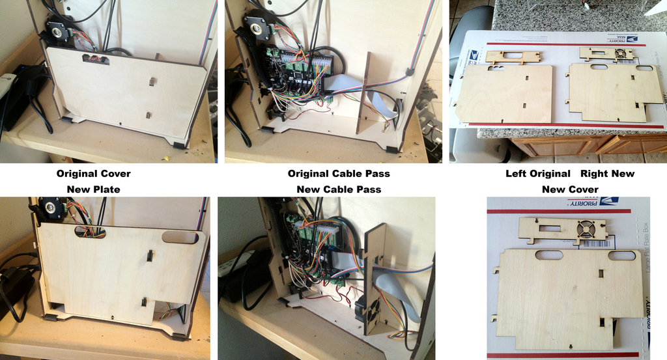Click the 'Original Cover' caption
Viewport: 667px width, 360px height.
pyautogui.click(x=93, y=174)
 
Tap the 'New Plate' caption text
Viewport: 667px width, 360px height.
pyautogui.click(x=93, y=189)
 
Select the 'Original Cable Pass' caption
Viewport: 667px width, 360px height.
pyautogui.click(x=339, y=174)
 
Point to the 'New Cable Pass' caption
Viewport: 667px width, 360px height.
pyautogui.click(x=339, y=189)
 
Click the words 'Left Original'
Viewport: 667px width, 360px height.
pyautogui.click(x=537, y=174)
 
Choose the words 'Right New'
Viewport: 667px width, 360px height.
pyautogui.click(x=607, y=174)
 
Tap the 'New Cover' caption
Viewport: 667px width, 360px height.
pyautogui.click(x=570, y=189)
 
